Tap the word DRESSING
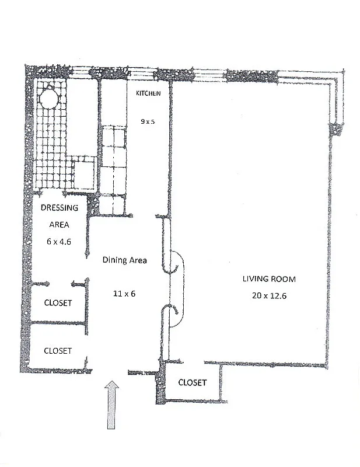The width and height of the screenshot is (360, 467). coord(59,208)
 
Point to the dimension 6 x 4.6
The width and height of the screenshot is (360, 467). coord(58,241)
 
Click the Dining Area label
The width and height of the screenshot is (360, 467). coord(124,260)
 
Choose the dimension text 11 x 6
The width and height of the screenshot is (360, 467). coord(124,294)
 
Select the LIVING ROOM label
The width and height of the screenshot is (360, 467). coord(270,278)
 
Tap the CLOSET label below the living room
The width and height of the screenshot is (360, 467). coord(192,383)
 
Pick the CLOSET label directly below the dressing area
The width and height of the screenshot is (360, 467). coord(58,303)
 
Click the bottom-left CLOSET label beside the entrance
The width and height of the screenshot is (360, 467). coord(58,350)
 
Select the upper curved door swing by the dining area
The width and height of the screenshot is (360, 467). coord(176,261)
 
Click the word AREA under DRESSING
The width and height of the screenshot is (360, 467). coord(59,224)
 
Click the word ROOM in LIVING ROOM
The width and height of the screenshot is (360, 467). coord(285,278)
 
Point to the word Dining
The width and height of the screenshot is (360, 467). coord(114,260)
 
